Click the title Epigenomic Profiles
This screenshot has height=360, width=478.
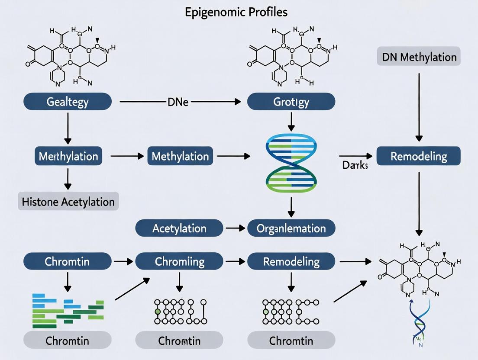tap(236, 12)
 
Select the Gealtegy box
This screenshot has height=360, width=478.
tap(67, 102)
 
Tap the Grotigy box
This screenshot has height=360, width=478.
tap(291, 102)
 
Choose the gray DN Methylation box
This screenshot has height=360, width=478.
tap(419, 57)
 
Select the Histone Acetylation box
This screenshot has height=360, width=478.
tap(68, 202)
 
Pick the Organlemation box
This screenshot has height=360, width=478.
tap(291, 228)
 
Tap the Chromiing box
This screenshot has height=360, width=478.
tap(179, 261)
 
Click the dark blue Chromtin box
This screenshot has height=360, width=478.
tap(67, 261)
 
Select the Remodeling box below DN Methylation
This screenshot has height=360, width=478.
tap(419, 156)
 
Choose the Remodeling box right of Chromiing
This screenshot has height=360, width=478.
tap(291, 261)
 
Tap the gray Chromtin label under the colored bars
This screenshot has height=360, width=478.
tap(67, 341)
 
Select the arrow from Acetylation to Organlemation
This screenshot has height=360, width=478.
tap(235, 228)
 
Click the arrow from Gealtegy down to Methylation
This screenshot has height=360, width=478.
tap(67, 128)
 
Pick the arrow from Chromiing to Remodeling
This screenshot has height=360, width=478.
tap(235, 261)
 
